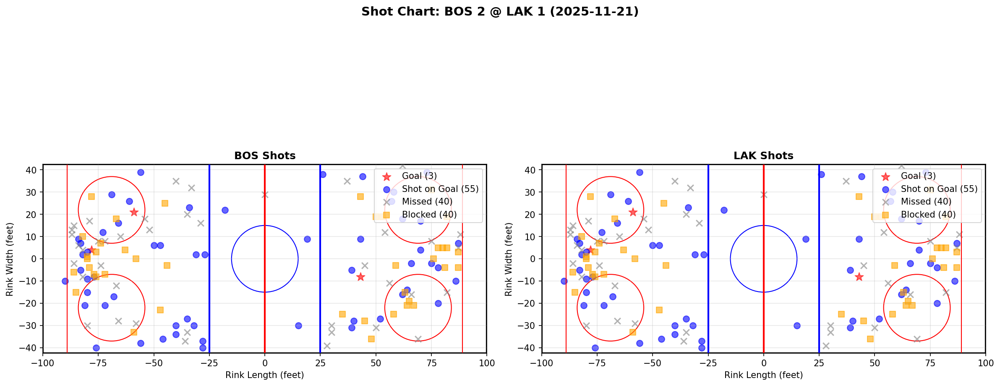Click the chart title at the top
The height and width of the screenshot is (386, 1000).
500,11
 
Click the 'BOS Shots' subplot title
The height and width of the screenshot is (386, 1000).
265,156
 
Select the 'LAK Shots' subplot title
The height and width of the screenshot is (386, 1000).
763,156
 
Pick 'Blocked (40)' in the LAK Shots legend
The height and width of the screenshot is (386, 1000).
928,215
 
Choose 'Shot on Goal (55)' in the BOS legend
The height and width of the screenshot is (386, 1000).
440,189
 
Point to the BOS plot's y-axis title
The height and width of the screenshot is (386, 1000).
9,259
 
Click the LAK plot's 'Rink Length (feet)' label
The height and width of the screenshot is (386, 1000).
763,375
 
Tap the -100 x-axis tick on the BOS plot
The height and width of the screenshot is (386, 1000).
43,362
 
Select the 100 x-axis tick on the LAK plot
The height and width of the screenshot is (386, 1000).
985,362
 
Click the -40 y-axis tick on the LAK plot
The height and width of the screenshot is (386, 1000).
530,348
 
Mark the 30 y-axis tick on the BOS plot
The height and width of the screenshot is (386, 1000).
33,192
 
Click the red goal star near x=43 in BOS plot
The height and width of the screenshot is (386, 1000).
360,277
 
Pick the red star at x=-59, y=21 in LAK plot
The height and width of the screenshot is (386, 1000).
633,212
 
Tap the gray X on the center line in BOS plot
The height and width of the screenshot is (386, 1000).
265,194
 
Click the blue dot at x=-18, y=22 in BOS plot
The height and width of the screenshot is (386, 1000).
225,210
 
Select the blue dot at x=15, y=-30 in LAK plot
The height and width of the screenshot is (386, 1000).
797,326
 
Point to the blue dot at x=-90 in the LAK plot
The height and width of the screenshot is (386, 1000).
564,281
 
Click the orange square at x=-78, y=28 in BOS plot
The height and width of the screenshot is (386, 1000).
91,197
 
